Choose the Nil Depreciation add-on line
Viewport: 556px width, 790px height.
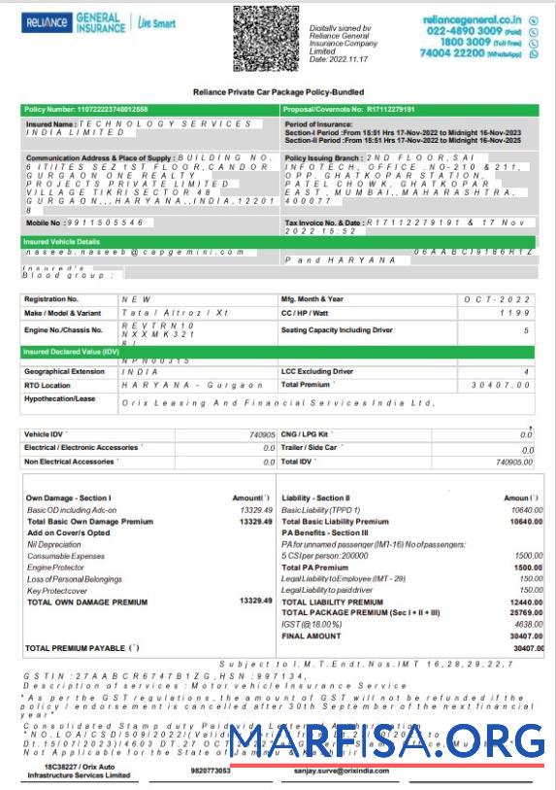click(x=53, y=544)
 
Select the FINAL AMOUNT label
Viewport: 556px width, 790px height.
click(x=311, y=635)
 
